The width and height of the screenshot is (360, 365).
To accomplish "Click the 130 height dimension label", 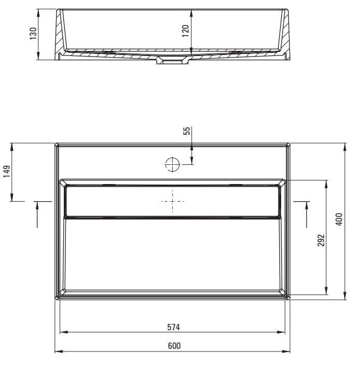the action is coord(33,34).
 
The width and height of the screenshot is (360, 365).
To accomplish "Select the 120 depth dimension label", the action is coord(185,31).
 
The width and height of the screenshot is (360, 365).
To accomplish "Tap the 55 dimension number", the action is coord(187,131).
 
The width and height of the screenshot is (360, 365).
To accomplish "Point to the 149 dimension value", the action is coord(7,172).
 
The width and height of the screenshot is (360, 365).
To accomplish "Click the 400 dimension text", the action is coord(339,219).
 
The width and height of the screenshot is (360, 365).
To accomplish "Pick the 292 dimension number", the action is coord(321,240).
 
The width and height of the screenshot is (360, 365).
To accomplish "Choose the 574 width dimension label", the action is coord(173,327).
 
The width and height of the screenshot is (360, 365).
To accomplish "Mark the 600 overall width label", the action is coord(174,346).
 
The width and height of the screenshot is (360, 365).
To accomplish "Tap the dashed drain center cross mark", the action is coord(172,201).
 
